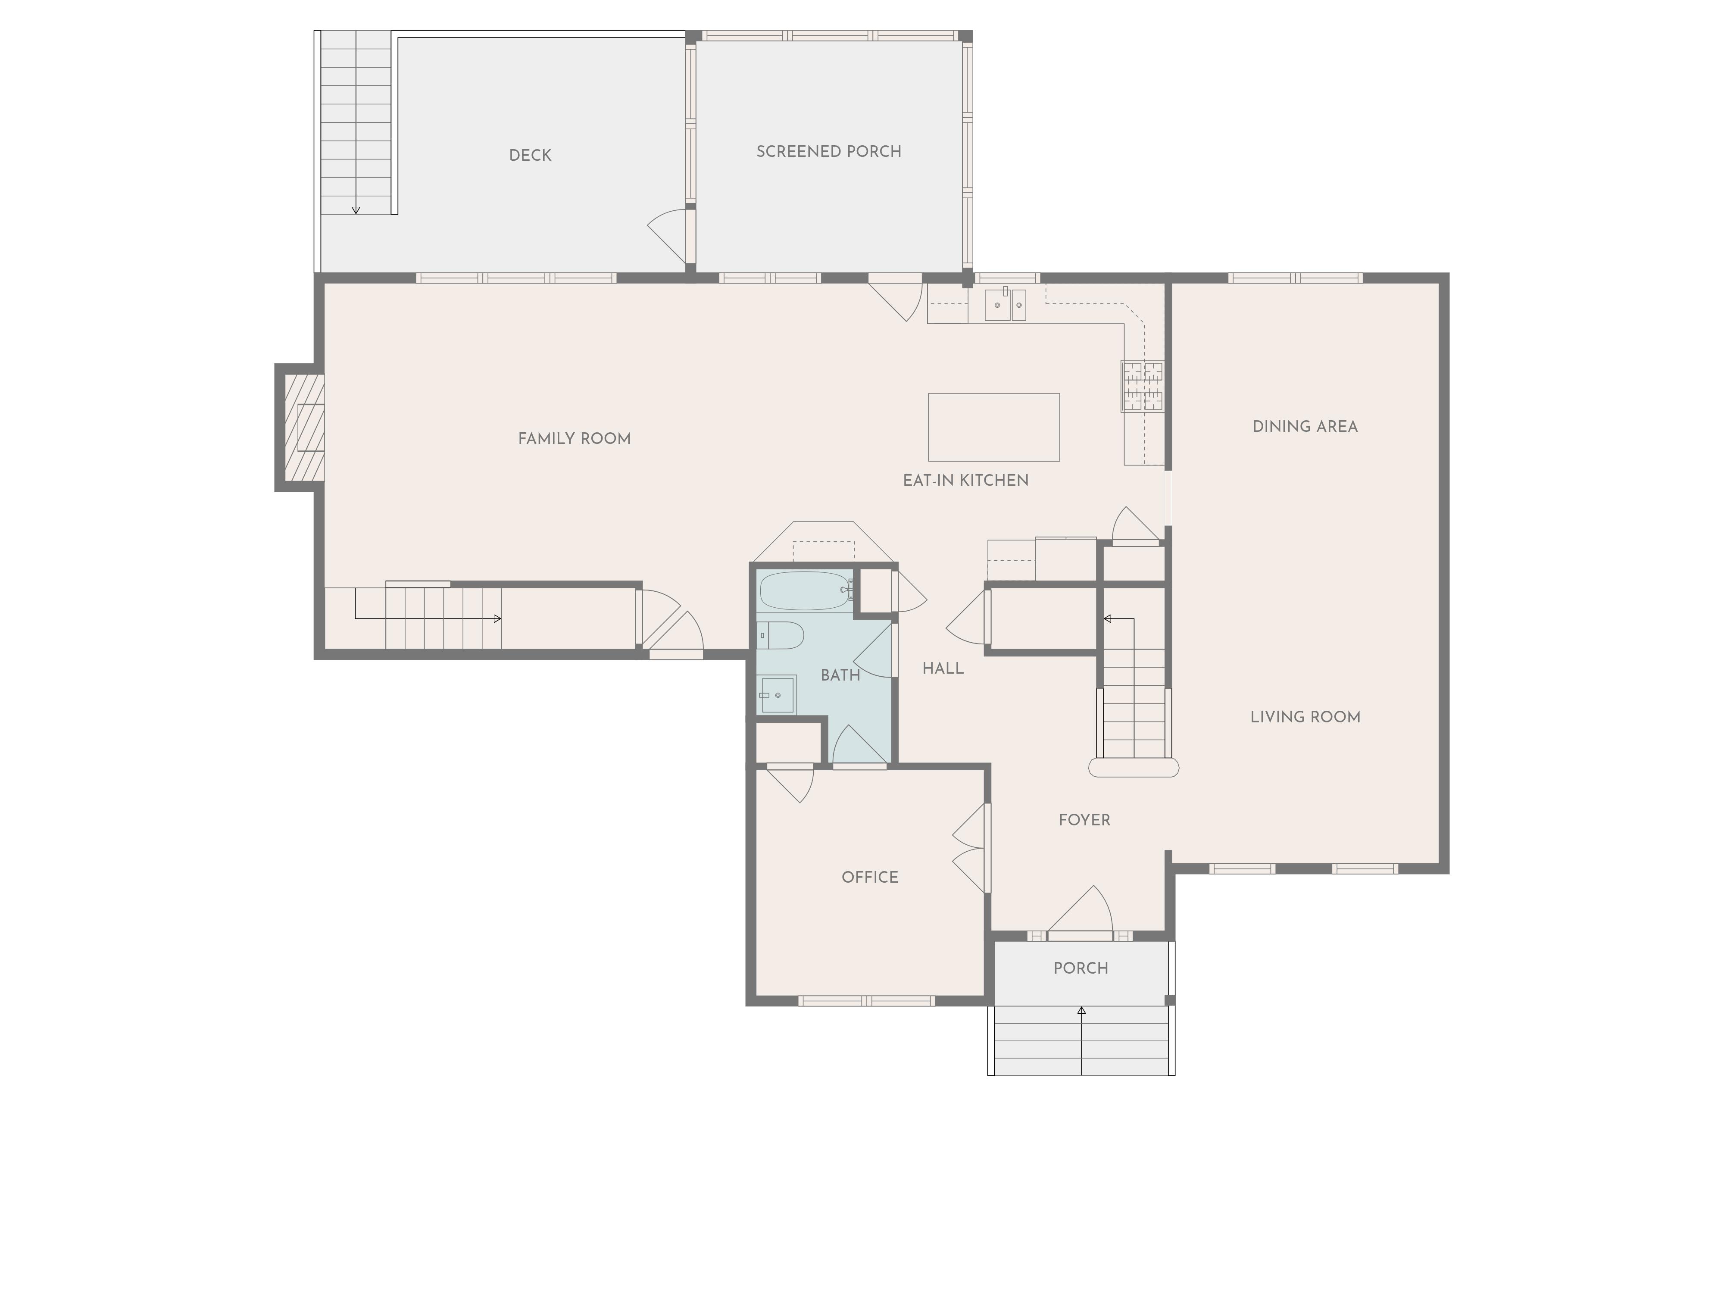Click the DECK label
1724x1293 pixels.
[x=530, y=155]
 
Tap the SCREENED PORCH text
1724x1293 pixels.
[x=828, y=151]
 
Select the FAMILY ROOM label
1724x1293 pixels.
[x=575, y=439]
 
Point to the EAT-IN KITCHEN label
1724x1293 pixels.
[x=966, y=480]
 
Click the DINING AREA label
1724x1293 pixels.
[x=1305, y=426]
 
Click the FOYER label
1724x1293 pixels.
[x=1084, y=820]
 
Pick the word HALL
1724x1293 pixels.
[x=943, y=668]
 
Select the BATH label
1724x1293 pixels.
[x=840, y=675]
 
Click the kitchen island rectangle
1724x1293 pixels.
[x=994, y=427]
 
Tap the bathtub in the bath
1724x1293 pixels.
[x=805, y=591]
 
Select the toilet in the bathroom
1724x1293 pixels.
[x=780, y=635]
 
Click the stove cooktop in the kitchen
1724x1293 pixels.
[x=1143, y=386]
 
